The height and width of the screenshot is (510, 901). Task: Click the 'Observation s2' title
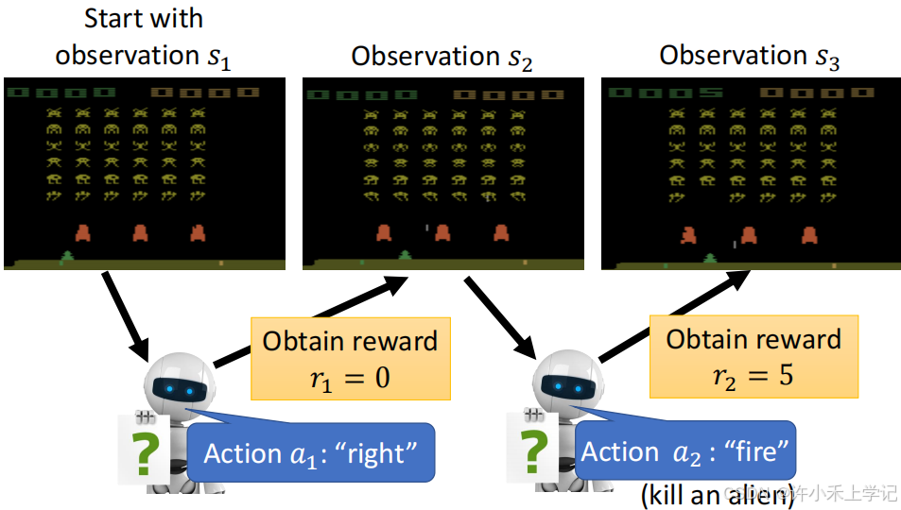[x=442, y=56]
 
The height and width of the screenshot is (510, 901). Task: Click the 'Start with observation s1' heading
[x=143, y=38]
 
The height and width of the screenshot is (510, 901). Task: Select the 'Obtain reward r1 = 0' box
[x=350, y=358]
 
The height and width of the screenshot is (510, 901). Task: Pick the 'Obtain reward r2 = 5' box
[x=754, y=356]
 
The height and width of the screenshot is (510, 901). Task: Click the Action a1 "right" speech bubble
[x=311, y=453]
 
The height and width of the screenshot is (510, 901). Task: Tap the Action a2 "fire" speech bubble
[x=685, y=451]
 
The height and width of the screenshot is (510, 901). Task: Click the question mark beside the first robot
[x=144, y=454]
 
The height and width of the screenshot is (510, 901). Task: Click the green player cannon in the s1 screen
[x=67, y=256]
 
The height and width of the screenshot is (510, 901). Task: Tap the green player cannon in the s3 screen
[x=709, y=258]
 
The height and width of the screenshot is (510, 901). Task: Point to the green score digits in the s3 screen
[x=667, y=93]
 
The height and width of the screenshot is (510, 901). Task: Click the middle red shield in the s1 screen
[x=141, y=232]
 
